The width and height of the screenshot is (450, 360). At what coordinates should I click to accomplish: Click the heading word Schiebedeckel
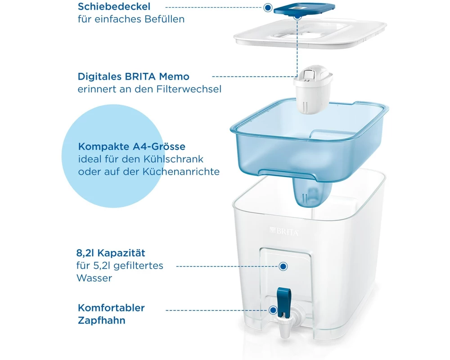pos(114,6)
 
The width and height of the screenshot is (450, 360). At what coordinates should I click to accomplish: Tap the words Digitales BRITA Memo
pos(134,76)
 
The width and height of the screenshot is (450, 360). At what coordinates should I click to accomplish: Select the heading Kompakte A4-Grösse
pos(132,146)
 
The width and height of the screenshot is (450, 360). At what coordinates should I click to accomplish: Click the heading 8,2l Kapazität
pos(111,253)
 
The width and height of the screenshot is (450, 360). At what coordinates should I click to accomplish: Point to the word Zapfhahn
pos(102,320)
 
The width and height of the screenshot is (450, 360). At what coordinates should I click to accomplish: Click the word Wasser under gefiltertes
pos(94,278)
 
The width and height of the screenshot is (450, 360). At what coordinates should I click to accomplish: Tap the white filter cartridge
pos(313,89)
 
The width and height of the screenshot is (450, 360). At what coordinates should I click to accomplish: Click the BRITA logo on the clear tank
pos(284,231)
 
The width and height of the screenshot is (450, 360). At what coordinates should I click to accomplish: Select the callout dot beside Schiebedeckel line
pos(268,8)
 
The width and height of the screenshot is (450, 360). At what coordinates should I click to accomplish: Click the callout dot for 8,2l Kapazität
pos(283,266)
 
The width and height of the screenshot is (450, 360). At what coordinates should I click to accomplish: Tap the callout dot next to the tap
pos(273,310)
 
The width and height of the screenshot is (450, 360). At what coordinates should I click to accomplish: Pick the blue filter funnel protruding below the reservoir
pos(312,192)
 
